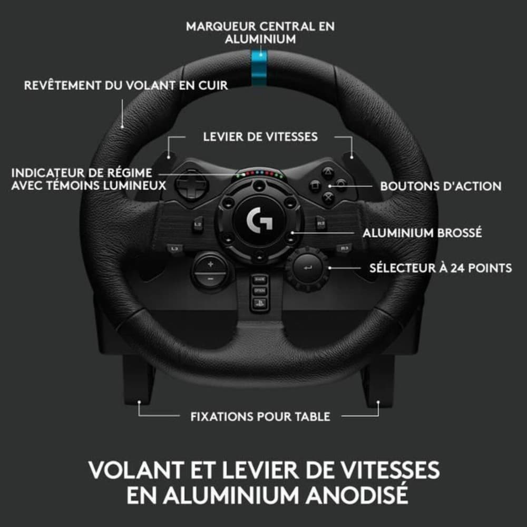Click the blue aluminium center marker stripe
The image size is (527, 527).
point(259,68)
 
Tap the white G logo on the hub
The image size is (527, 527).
point(259,219)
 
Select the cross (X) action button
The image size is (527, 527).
point(328,197)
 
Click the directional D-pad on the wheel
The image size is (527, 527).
point(192,184)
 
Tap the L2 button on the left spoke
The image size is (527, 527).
point(198,224)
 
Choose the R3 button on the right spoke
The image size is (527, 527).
point(344,248)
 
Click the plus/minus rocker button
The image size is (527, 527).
point(210,271)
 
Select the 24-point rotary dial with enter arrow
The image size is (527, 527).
point(307,269)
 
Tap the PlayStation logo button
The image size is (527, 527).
point(260,303)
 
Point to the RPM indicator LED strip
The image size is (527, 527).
point(259,174)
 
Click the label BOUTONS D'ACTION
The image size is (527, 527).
point(441,186)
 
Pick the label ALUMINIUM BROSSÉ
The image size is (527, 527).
point(422,232)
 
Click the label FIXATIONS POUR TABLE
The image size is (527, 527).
point(260,416)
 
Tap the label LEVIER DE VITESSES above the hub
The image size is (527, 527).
point(260,137)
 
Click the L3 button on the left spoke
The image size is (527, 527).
point(174,249)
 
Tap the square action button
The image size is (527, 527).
point(315,186)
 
